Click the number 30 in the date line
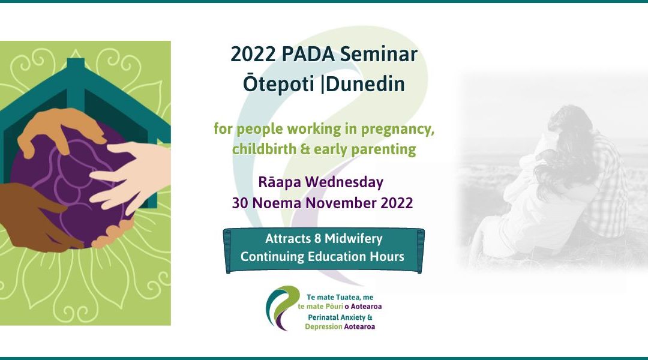tap(241, 203)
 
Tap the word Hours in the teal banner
tap(388, 256)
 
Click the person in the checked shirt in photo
tap(600, 180)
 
